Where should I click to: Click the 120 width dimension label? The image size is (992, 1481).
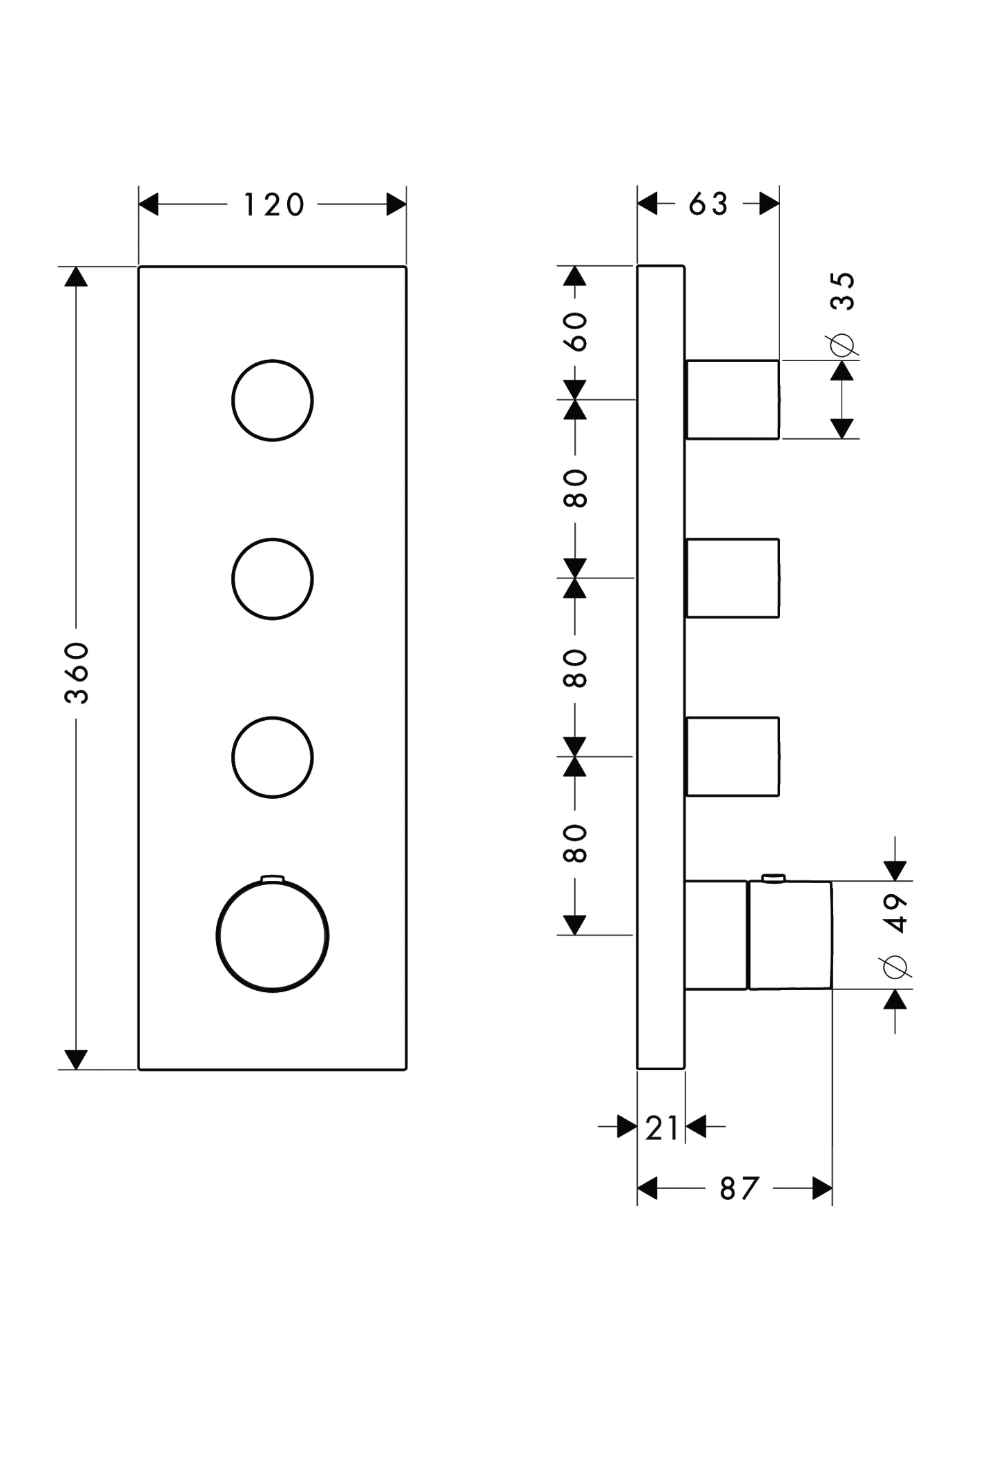click(x=273, y=205)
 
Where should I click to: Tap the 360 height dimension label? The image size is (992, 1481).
click(x=77, y=672)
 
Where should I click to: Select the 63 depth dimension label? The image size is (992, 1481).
click(x=708, y=204)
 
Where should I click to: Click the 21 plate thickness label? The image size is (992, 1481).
click(x=662, y=1128)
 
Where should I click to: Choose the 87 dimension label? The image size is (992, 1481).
click(x=739, y=1189)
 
